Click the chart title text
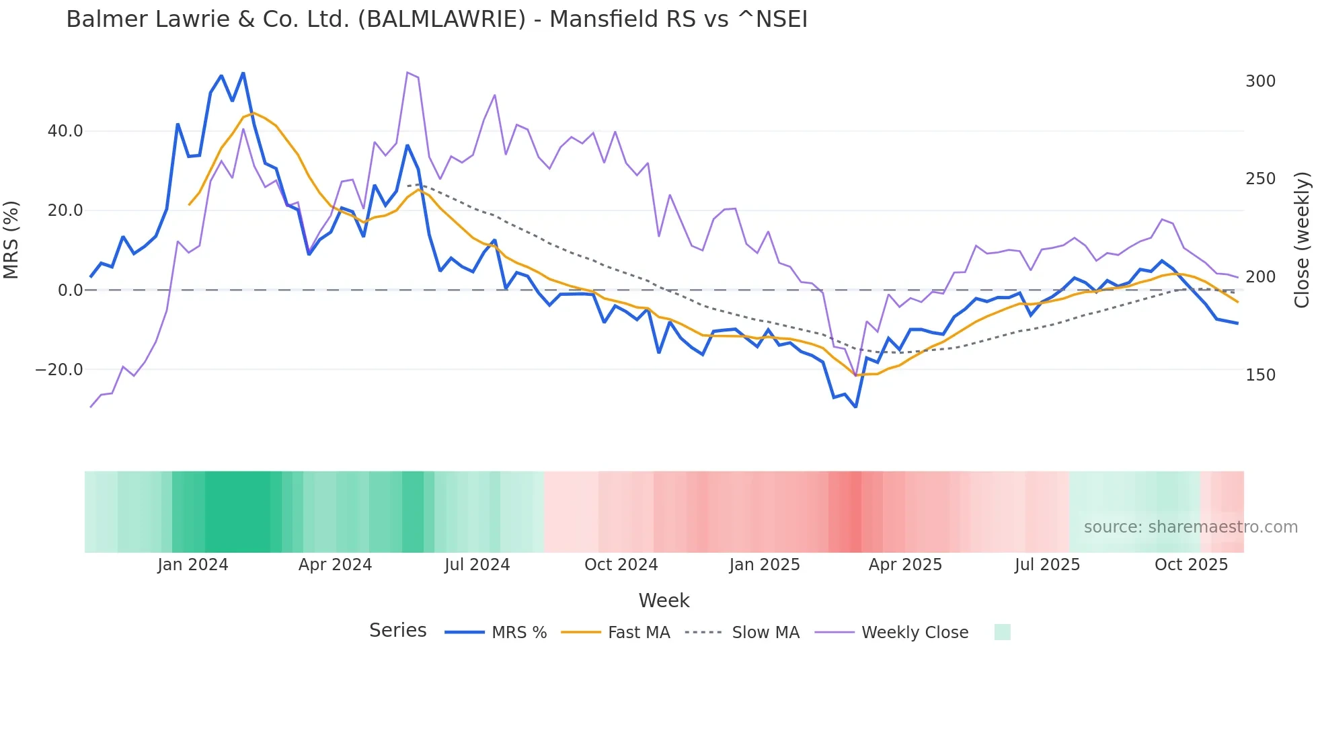436,19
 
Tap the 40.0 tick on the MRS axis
65,131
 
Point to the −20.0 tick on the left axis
59,370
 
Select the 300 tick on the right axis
1260,81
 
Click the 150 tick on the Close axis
1260,375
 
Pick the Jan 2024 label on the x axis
193,565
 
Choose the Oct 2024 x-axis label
621,565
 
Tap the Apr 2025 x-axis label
905,565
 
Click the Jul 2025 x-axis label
1047,565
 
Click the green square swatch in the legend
1002,632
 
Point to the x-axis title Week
664,600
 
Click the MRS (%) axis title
11,240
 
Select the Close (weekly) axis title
1302,240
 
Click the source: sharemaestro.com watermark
1190,527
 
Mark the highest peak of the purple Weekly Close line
408,73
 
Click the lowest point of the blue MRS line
855,407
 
